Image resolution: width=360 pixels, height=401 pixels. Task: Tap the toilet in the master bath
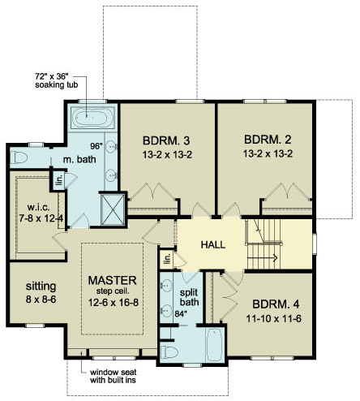point(19,157)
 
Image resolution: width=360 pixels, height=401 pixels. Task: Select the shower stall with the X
point(113,209)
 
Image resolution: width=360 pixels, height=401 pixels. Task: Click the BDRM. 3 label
point(166,140)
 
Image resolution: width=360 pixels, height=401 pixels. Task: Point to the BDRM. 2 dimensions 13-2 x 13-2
point(268,154)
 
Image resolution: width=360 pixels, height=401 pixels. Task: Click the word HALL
point(213,244)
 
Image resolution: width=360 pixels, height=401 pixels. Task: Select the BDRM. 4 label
point(276,304)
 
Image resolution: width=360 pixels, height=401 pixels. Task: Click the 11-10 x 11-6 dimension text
point(273,319)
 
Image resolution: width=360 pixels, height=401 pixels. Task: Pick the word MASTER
point(113,280)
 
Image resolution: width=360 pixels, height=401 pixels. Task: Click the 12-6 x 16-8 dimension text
point(114,303)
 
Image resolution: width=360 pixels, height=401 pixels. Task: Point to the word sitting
point(41,287)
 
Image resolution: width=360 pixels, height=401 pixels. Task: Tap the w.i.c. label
point(38,208)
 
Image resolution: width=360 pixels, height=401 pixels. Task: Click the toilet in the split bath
point(169,352)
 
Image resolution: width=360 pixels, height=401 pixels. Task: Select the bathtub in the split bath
point(215,344)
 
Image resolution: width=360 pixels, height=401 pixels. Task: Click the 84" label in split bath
point(181,314)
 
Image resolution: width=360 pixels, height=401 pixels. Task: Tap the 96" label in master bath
point(96,146)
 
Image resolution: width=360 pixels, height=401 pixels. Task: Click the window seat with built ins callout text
point(113,376)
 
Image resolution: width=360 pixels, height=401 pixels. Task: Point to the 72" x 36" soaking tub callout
point(57,80)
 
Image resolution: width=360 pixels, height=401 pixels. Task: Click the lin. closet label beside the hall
point(168,258)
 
